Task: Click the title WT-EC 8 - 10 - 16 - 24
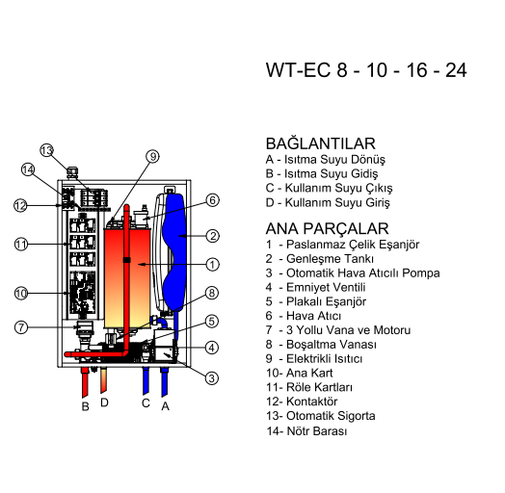366,70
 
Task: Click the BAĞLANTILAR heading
321,143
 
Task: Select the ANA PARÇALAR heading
327,228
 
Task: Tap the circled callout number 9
153,156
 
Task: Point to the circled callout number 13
46,150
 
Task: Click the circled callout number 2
213,236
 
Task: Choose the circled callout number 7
21,327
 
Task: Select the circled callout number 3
212,377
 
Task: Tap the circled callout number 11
21,245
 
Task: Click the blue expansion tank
173,251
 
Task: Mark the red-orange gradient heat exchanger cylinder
127,278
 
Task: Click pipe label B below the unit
85,406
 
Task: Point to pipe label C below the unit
146,402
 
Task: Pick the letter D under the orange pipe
104,402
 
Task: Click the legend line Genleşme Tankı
330,259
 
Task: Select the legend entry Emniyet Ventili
326,287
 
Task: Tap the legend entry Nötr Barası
317,430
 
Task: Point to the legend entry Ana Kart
309,373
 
